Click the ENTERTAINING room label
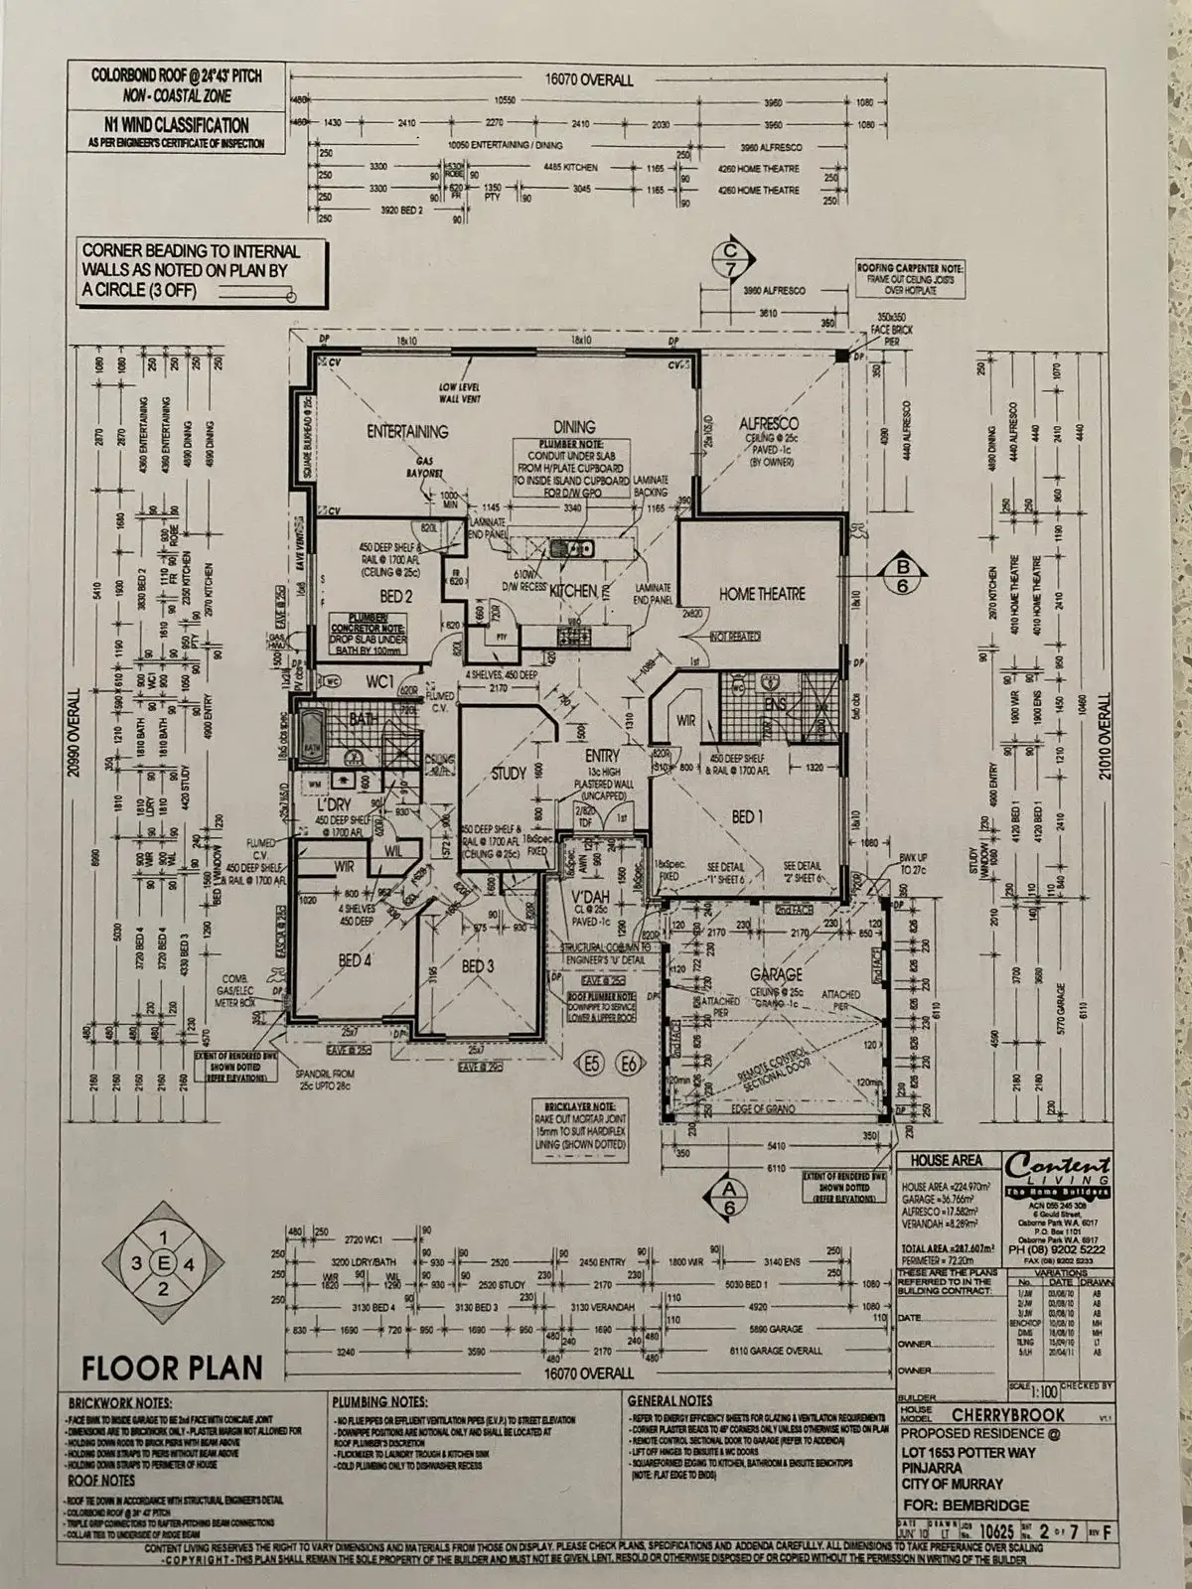407,431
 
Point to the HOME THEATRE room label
762,594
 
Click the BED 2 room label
394,596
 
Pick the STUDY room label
509,774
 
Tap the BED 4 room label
356,961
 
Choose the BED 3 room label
478,965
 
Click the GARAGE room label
777,975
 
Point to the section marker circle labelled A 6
730,1197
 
